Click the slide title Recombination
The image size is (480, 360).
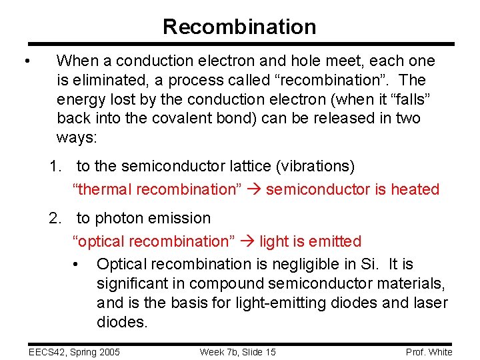coord(239,27)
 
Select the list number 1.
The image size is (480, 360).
coord(53,165)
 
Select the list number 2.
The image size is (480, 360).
coord(53,218)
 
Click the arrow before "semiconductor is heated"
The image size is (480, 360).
coord(254,189)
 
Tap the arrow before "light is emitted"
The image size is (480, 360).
coord(247,241)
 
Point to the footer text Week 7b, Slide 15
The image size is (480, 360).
coord(237,352)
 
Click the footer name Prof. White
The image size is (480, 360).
coord(429,352)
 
